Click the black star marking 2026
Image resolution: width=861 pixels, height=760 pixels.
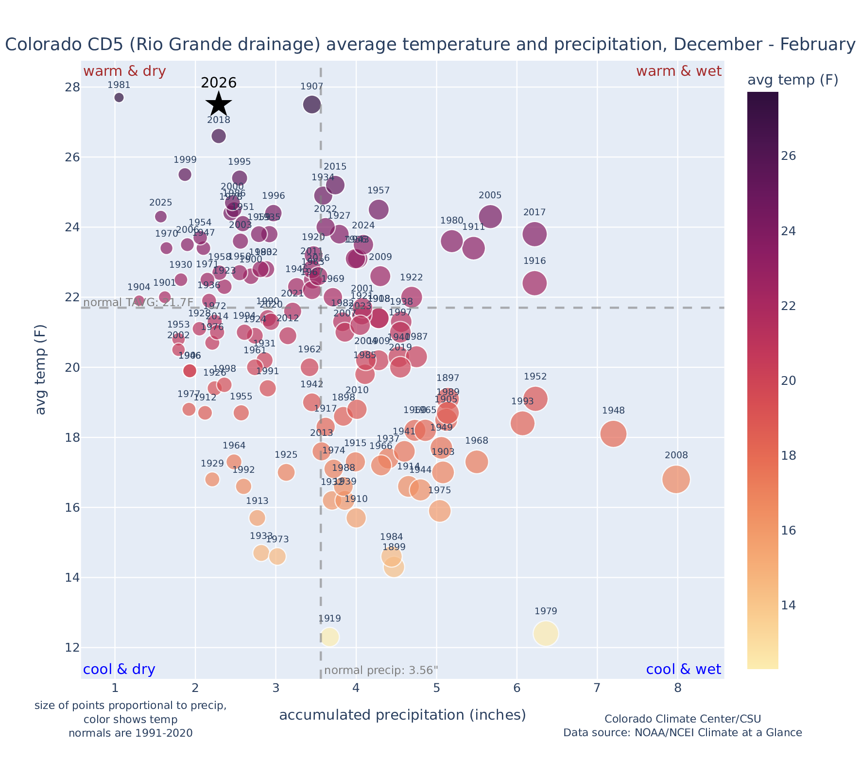(219, 104)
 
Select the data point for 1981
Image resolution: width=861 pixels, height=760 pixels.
(119, 98)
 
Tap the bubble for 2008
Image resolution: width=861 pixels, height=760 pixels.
(676, 480)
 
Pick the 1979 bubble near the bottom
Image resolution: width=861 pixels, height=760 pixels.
(546, 634)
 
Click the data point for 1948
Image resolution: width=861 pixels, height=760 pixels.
(613, 434)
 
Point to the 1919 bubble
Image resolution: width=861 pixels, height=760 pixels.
(329, 637)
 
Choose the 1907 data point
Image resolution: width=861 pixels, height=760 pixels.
(312, 104)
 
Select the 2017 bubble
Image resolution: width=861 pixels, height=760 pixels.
(534, 234)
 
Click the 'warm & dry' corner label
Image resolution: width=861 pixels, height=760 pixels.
(125, 71)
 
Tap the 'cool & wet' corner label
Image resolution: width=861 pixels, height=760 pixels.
(684, 670)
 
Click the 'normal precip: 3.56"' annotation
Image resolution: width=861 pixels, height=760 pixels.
(381, 671)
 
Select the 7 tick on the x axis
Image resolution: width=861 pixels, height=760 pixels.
(597, 689)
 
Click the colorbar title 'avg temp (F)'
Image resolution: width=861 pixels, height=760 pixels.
(792, 80)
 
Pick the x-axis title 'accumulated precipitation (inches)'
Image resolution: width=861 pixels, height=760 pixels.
(402, 715)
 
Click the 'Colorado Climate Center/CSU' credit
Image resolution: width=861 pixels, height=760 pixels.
(683, 719)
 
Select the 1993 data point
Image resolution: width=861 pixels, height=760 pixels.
(522, 423)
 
